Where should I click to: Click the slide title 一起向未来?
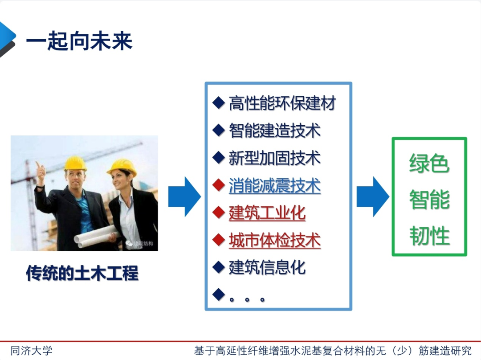[x=79, y=42]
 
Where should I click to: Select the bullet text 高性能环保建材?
[x=282, y=103]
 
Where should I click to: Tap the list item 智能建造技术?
[x=275, y=131]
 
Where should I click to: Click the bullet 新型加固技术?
[x=275, y=158]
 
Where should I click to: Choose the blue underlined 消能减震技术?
[x=275, y=185]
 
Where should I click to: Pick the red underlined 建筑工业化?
[x=267, y=213]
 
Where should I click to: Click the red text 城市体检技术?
[x=275, y=240]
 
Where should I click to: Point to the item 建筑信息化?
[x=267, y=267]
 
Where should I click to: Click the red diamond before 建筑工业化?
[x=218, y=213]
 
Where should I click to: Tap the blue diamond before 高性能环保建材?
[x=218, y=103]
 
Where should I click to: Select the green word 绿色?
[x=429, y=164]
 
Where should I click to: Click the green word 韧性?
[x=429, y=236]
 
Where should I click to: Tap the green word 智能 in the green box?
[x=429, y=200]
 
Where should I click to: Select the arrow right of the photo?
[x=184, y=196]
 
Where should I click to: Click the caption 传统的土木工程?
[x=82, y=273]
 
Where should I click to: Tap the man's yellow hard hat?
[x=74, y=163]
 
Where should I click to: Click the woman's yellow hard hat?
[x=122, y=166]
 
